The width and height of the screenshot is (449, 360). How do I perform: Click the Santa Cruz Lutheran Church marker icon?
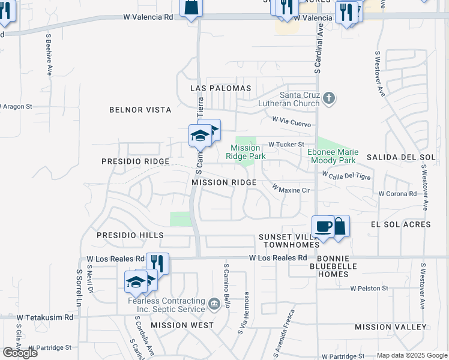[x=328, y=98]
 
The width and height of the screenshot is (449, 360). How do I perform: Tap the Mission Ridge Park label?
[x=246, y=152]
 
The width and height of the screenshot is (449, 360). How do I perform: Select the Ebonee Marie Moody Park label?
[x=331, y=156]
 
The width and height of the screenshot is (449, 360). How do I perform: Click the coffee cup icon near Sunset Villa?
[x=324, y=227]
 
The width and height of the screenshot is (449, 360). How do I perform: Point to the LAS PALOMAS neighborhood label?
[x=220, y=88]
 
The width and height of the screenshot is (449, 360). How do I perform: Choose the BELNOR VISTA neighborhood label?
[x=140, y=110]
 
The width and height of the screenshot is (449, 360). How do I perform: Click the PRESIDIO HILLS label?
[x=130, y=236]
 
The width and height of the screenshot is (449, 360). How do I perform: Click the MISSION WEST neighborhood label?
[x=182, y=325]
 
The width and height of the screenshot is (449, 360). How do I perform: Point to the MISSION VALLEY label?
[x=391, y=327]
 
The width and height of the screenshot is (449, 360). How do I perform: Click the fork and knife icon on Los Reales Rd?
[x=157, y=263]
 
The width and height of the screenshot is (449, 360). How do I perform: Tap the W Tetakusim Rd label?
[x=44, y=317]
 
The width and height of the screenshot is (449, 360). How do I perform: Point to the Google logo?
[x=20, y=353]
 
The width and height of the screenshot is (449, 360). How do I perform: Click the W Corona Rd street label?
[x=397, y=194]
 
